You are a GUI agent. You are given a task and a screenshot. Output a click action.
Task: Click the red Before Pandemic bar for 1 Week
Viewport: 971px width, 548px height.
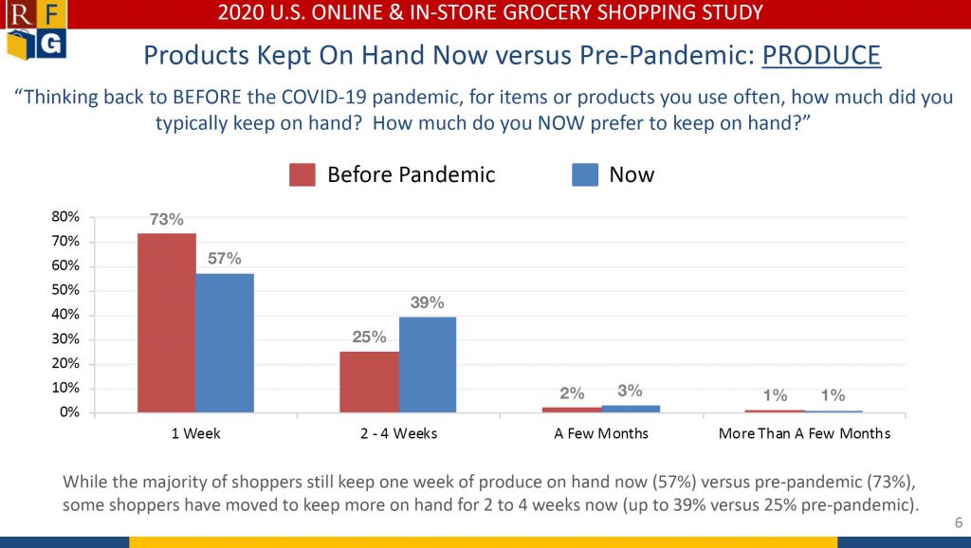tap(167, 322)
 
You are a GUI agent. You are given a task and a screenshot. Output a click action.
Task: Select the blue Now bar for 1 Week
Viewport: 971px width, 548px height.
tap(225, 343)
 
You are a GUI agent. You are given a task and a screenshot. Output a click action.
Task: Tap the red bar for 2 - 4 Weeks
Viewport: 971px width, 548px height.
tap(369, 382)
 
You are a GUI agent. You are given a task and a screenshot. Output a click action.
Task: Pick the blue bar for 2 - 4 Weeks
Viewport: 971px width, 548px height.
tap(428, 365)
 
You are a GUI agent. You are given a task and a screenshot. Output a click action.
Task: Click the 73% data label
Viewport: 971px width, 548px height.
tap(167, 219)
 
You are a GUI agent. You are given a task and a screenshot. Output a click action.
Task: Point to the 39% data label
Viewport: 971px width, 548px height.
tap(428, 302)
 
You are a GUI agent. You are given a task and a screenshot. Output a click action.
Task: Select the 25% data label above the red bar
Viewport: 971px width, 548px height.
tap(369, 337)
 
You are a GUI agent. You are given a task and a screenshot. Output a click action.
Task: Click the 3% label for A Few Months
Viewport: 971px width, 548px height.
tap(630, 391)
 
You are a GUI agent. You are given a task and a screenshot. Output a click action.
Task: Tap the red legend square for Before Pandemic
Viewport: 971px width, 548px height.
tap(302, 174)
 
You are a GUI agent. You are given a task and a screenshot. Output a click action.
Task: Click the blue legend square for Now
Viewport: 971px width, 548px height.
tap(585, 174)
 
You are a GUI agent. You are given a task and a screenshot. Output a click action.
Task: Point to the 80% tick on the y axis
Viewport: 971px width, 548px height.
tap(65, 217)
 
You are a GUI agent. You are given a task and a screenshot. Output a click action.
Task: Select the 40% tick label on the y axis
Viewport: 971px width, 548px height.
tap(65, 315)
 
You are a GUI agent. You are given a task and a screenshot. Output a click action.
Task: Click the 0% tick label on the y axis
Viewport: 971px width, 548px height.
tap(69, 412)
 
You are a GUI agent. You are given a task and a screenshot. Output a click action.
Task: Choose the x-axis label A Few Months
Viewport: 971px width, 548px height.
tap(601, 433)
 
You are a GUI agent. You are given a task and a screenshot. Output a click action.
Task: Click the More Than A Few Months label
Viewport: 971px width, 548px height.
tap(804, 433)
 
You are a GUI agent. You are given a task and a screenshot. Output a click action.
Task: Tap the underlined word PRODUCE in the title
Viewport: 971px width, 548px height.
tap(821, 56)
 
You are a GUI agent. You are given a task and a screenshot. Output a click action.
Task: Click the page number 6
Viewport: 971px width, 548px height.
tap(959, 522)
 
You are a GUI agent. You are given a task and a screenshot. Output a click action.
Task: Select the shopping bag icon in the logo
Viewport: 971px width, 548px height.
tap(20, 46)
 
